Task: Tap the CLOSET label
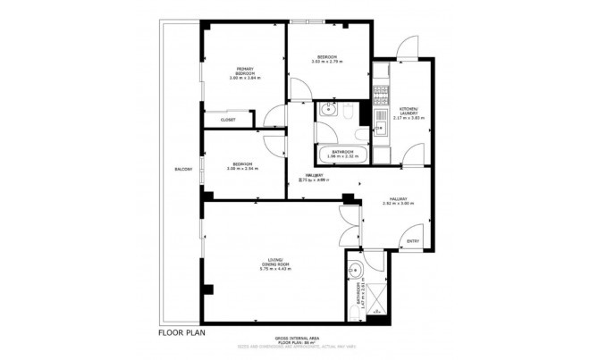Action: (228, 119)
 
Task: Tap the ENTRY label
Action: (412, 240)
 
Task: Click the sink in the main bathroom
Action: (327, 110)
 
